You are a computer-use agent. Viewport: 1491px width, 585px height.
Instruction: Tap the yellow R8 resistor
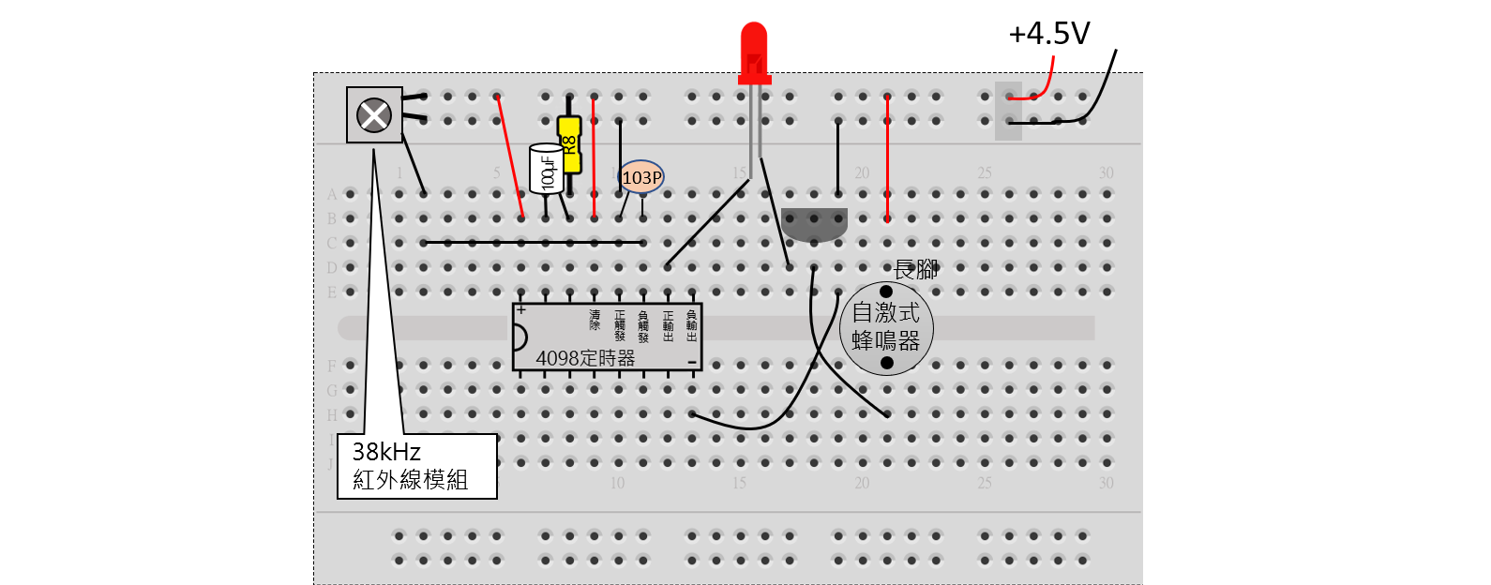click(x=569, y=144)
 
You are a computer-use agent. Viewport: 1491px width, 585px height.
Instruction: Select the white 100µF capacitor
click(x=546, y=169)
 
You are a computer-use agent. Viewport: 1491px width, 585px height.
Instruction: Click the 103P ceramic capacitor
click(x=641, y=177)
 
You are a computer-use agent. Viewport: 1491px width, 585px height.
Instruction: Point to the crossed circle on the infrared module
click(x=374, y=115)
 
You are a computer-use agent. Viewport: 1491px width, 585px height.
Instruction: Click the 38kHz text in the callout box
click(x=386, y=452)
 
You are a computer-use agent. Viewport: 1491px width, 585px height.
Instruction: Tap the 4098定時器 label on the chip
click(x=585, y=358)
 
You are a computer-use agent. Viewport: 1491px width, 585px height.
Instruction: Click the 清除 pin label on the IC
click(x=595, y=320)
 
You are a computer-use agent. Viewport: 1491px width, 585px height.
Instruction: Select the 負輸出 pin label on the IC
click(x=692, y=326)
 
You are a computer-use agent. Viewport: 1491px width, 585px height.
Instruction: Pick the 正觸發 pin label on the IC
click(x=619, y=326)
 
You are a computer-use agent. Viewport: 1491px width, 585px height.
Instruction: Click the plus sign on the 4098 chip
click(x=521, y=310)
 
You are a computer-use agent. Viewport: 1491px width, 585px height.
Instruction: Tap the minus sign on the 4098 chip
click(x=691, y=362)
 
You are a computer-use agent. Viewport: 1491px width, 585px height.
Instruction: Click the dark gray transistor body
click(x=814, y=223)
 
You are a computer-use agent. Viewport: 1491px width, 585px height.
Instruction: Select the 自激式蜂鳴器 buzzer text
click(x=885, y=326)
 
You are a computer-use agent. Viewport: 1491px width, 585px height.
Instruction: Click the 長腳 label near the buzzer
click(x=915, y=270)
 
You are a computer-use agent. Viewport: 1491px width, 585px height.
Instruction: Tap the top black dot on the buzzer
click(x=886, y=292)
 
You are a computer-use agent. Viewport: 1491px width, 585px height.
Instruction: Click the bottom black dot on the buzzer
click(x=887, y=363)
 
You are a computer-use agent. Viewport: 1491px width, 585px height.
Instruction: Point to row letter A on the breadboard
click(x=331, y=195)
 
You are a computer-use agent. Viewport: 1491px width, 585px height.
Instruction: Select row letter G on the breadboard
click(x=331, y=390)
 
